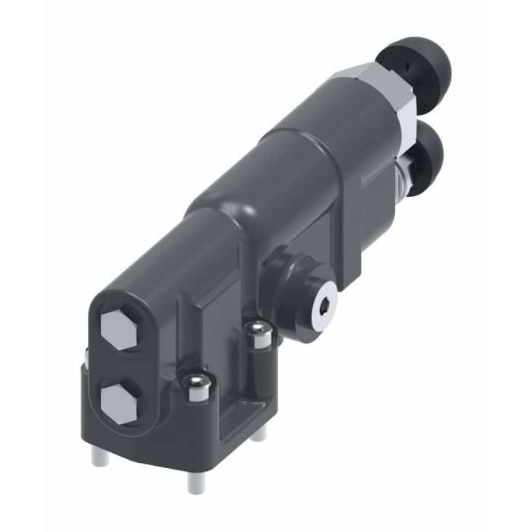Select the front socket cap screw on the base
pos(195,385)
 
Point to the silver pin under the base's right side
pos(259,433)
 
